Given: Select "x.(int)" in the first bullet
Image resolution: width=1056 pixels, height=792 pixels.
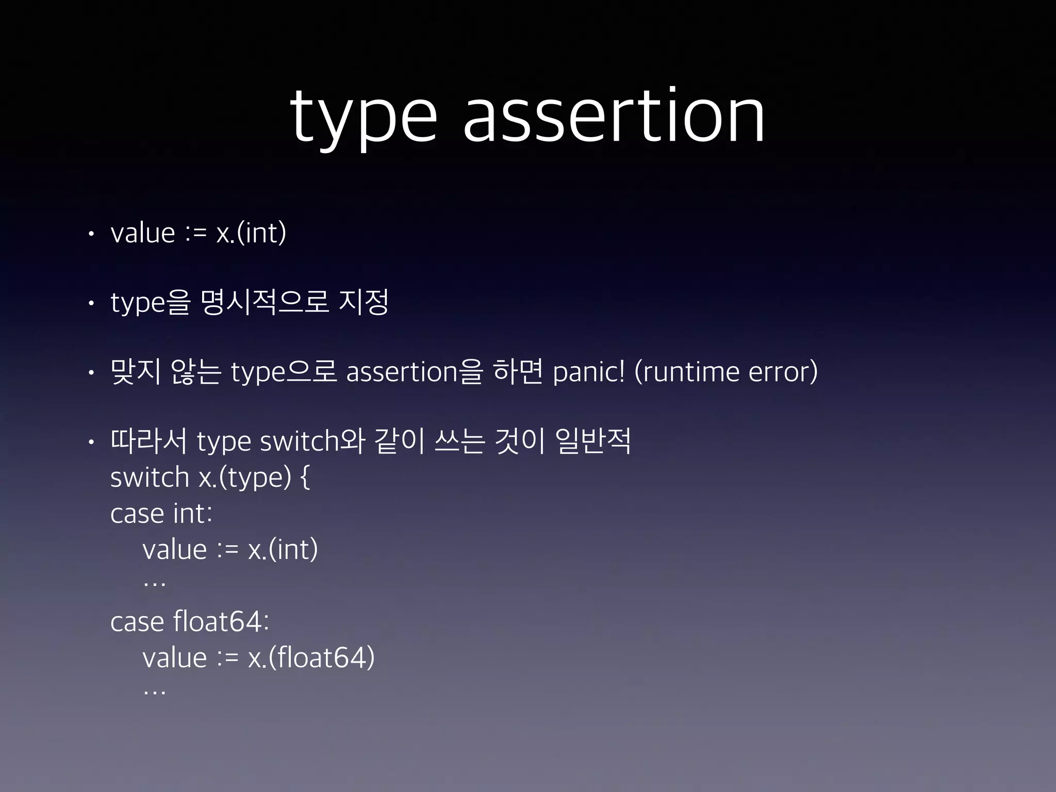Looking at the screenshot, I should point(251,233).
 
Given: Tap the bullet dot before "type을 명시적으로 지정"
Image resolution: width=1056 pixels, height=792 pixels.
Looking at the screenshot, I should point(91,303).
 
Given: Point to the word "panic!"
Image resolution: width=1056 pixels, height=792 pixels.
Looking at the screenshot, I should point(588,372).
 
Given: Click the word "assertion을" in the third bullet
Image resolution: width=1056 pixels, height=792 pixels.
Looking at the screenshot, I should point(415,372).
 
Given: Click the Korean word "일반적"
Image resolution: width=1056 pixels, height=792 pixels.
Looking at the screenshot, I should point(593,441).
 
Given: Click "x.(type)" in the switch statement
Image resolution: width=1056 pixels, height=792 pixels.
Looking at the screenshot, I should point(245,478).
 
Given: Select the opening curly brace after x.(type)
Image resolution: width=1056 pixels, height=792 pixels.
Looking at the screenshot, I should point(305,478).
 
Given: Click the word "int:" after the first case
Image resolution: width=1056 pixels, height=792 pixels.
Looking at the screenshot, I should point(193,514).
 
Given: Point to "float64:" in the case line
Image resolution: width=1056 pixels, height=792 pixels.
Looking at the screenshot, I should point(221,622).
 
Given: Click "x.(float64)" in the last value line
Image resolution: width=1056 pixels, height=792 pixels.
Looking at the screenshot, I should point(311,658).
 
